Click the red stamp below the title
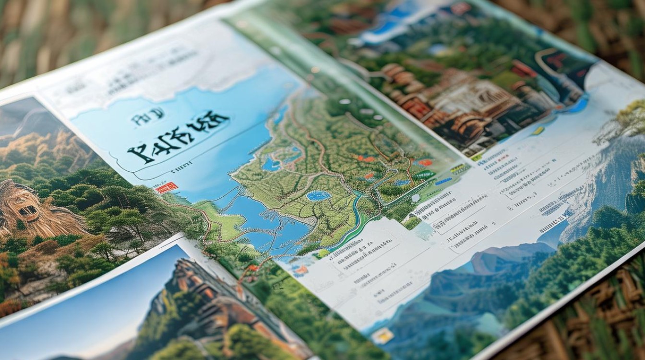[x=167, y=188]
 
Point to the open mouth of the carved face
[x=28, y=210]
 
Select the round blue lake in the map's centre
[x=319, y=195]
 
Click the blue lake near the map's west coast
[x=272, y=164]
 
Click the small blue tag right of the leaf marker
[x=443, y=181]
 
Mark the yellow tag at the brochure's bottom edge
[x=382, y=336]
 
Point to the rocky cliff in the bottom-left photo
[x=202, y=298]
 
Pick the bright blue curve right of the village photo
[x=581, y=103]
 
